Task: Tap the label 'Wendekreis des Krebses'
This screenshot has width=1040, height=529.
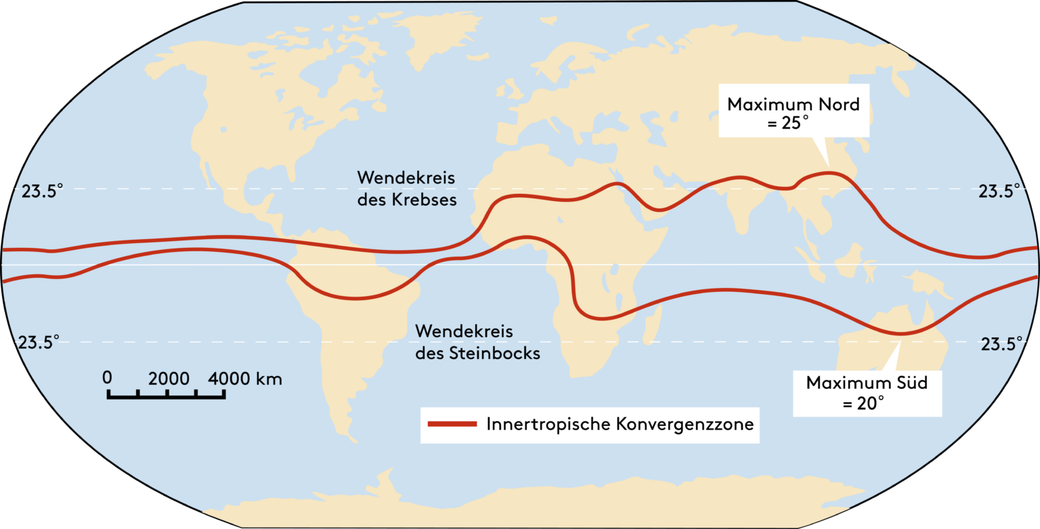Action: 406,189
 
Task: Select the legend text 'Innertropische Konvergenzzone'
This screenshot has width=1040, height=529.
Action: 620,425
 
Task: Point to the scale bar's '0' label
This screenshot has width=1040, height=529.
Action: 108,378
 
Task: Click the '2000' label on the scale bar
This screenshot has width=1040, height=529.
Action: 169,378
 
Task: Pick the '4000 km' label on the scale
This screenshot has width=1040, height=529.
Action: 245,378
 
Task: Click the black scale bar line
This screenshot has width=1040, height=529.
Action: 166,396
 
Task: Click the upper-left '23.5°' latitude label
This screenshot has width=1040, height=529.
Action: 42,192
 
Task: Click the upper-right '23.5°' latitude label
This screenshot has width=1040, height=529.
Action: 999,192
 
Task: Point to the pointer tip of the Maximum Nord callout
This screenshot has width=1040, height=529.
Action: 828,167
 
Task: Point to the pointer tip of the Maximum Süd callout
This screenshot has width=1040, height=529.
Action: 898,337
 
